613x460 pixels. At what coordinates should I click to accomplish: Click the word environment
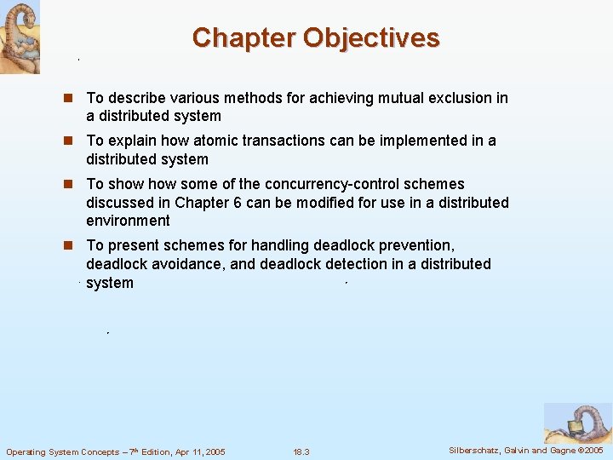pyautogui.click(x=128, y=221)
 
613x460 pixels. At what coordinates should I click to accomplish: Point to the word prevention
pyautogui.click(x=419, y=245)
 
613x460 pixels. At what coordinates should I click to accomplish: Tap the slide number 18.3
pyautogui.click(x=301, y=451)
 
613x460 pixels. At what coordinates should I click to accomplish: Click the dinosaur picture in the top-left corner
pyautogui.click(x=19, y=36)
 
